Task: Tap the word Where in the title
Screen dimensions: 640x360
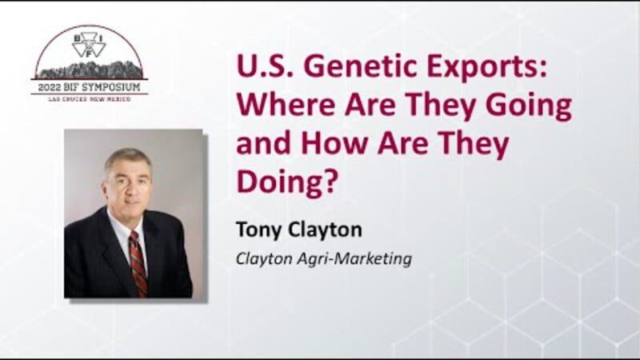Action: (286, 105)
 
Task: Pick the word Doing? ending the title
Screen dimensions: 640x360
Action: (288, 183)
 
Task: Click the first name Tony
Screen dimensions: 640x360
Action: (258, 230)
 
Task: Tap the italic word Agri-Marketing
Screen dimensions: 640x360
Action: (354, 259)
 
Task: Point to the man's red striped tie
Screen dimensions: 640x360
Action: (138, 264)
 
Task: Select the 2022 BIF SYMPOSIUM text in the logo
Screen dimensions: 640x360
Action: (90, 86)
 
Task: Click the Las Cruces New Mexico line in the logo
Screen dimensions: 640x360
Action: (90, 99)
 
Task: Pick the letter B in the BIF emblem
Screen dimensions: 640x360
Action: (76, 38)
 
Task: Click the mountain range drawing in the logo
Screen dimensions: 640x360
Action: (90, 70)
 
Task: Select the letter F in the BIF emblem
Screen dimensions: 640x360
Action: (89, 53)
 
